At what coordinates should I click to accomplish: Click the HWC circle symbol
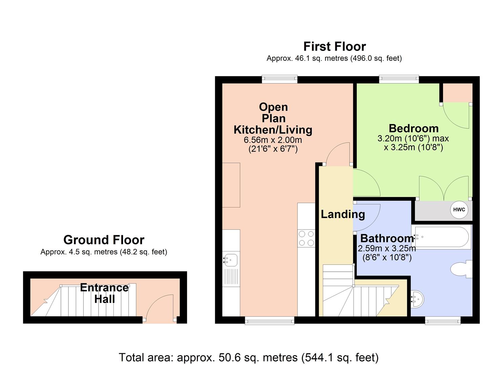pos(459,210)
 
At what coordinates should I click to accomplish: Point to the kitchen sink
pos(231,260)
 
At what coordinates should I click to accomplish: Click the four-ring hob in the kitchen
pos(306,238)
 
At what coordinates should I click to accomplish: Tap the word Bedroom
pos(414,128)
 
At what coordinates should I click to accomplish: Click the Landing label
pos(343,214)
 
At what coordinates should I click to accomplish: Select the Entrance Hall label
pos(104,293)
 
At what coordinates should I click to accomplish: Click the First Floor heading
pos(334,46)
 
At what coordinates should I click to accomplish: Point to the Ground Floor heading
pos(104,240)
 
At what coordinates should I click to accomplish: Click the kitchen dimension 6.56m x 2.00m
pos(273,140)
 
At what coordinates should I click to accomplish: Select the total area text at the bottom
pos(249,357)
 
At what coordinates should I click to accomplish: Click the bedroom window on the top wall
pos(399,79)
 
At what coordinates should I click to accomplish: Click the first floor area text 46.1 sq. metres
pos(334,58)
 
